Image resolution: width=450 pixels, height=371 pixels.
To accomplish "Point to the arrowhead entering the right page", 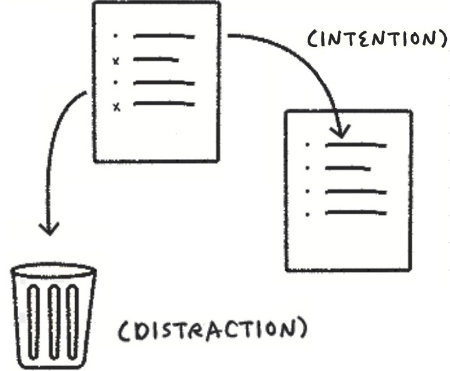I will coord(342,132).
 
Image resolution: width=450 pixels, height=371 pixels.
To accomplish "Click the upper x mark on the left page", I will coord(115,61).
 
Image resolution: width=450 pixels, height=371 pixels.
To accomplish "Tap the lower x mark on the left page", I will coord(115,107).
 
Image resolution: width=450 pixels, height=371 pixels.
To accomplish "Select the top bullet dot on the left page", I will coord(115,36).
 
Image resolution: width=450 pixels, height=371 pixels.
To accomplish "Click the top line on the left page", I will coord(164,36).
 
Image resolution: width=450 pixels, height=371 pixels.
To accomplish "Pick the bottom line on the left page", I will coord(164,104).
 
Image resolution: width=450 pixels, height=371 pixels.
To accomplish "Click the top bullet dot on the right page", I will coord(307,145).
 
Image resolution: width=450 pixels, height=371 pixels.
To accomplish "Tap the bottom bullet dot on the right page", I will coord(307,214).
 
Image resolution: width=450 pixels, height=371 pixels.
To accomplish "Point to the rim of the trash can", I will coord(53,271).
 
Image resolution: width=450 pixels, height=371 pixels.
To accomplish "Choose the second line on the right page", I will coord(348,168).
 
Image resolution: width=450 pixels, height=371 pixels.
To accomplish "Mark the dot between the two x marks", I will coord(115,83).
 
